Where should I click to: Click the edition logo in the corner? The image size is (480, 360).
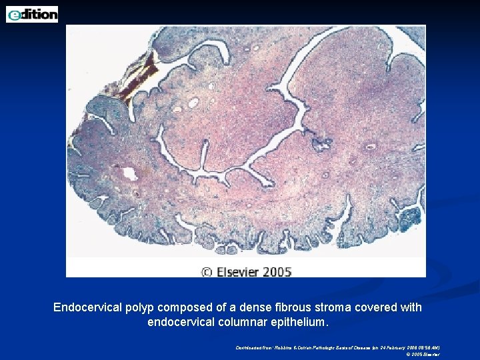click(x=32, y=13)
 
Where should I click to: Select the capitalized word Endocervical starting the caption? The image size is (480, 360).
click(x=87, y=307)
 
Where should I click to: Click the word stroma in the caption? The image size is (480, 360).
click(x=337, y=307)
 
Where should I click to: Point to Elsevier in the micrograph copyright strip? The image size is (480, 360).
click(x=238, y=271)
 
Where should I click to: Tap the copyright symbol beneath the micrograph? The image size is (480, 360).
click(x=206, y=271)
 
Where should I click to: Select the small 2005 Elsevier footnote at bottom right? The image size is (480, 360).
click(x=424, y=354)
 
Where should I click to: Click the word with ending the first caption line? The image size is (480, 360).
click(x=411, y=307)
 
